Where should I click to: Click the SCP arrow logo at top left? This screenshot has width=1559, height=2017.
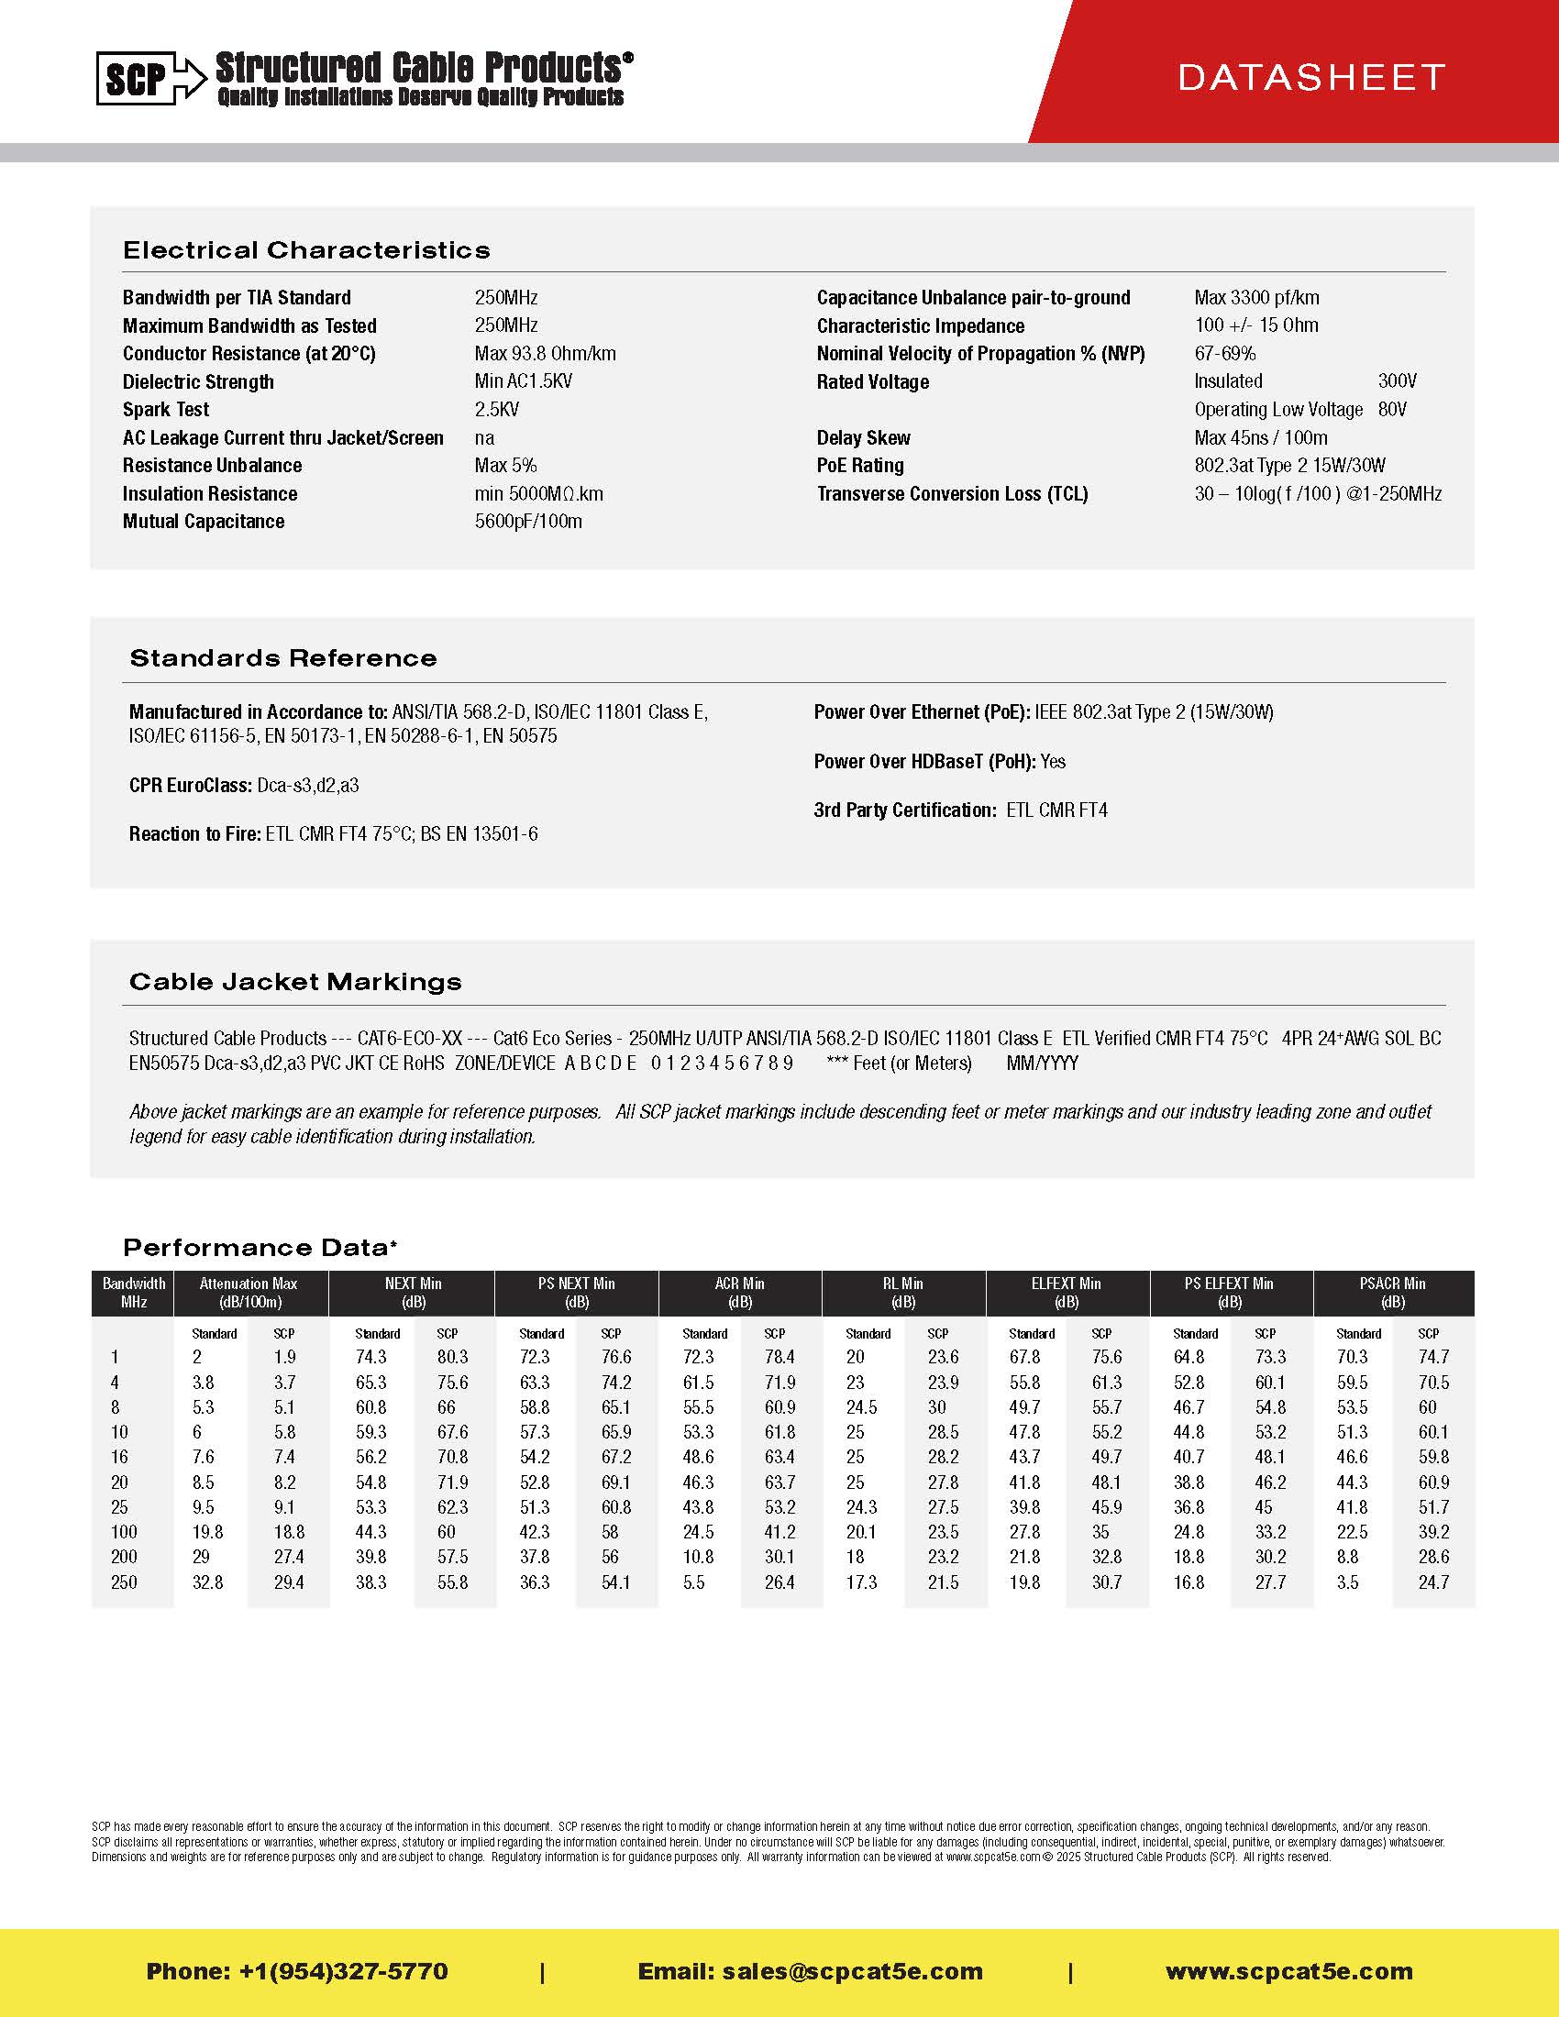click(x=150, y=78)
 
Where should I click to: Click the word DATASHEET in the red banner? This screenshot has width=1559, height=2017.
click(x=1310, y=78)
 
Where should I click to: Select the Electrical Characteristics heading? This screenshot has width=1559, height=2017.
click(x=305, y=250)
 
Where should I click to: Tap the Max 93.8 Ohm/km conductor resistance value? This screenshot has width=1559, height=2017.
click(x=545, y=353)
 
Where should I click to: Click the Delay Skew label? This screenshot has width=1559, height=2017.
click(x=863, y=437)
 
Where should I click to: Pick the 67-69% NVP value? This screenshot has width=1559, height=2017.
click(x=1224, y=353)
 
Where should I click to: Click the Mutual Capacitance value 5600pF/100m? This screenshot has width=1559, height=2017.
click(x=528, y=521)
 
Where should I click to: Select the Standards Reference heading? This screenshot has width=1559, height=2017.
click(x=282, y=658)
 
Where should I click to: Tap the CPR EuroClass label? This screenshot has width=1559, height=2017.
click(x=190, y=785)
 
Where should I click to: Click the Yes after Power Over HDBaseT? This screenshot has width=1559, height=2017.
click(x=1053, y=761)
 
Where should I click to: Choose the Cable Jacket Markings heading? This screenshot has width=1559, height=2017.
click(x=294, y=982)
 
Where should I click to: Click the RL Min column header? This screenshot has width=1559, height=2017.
click(x=902, y=1292)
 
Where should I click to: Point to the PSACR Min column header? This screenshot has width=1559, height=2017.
click(x=1392, y=1292)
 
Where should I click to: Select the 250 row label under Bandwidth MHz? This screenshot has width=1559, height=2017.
click(x=124, y=1582)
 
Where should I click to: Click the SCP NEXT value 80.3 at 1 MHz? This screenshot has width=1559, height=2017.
click(x=452, y=1357)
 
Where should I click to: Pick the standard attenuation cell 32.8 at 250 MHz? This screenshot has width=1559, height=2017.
click(x=208, y=1582)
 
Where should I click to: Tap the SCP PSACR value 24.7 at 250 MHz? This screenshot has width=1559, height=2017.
click(x=1433, y=1582)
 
